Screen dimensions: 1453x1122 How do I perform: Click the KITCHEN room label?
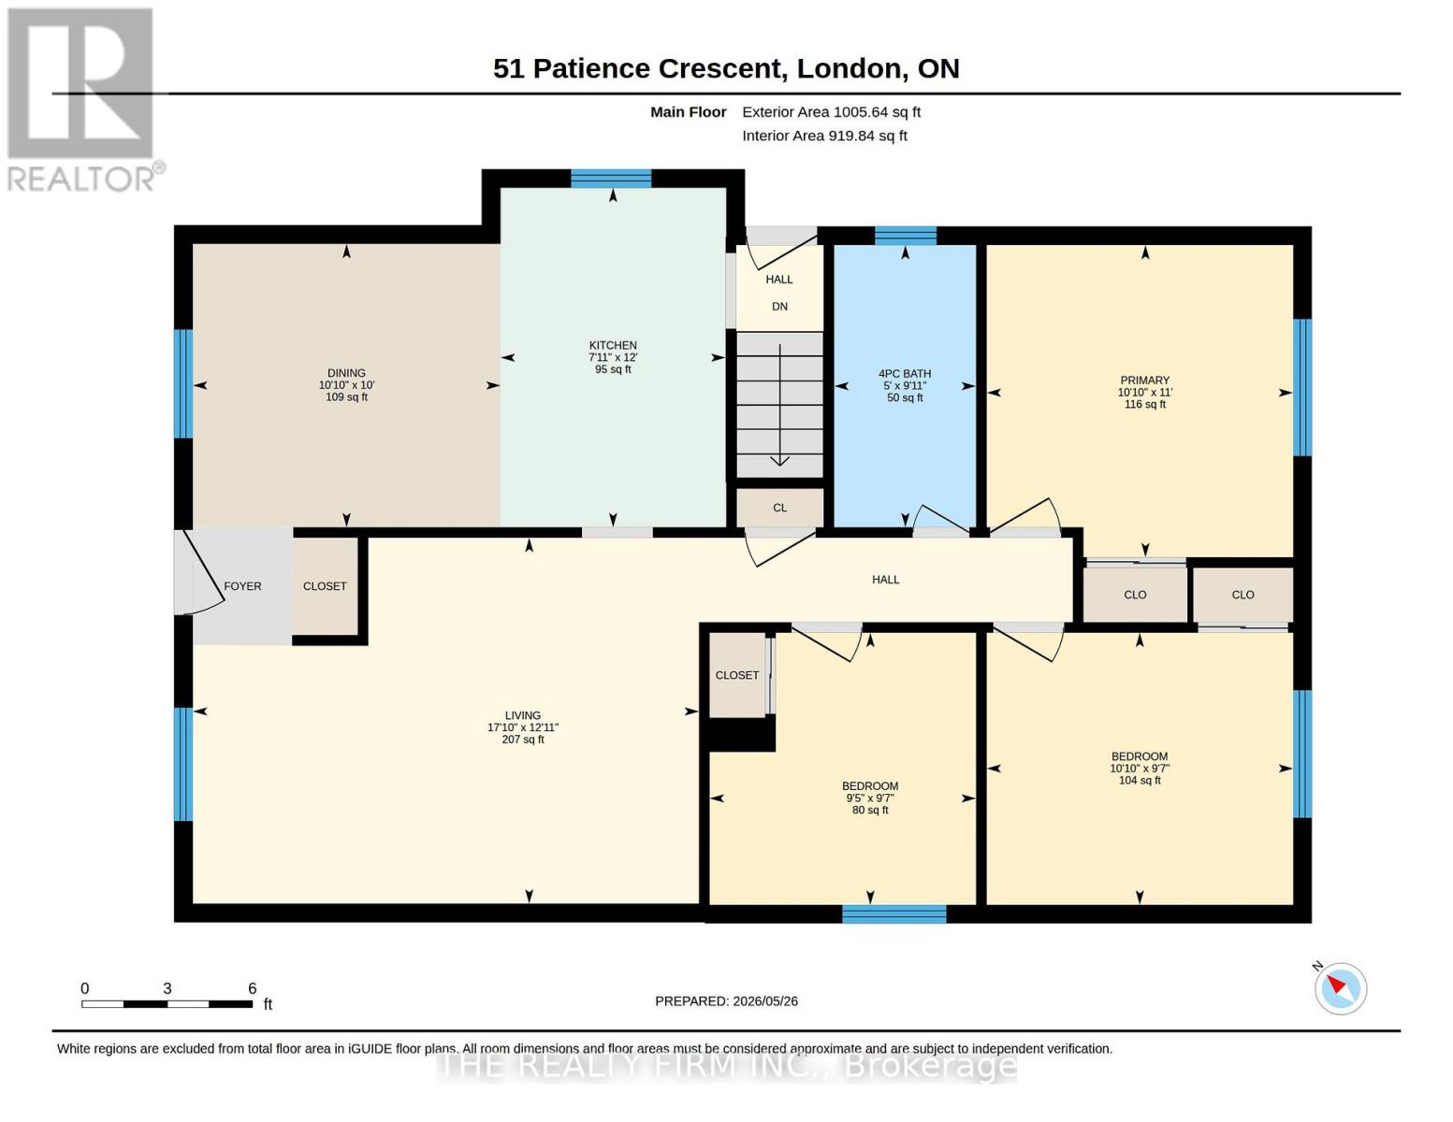613,345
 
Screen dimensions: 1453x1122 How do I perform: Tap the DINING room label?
346,373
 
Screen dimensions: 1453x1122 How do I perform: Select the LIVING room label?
523,715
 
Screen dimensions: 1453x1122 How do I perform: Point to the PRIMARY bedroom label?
1145,381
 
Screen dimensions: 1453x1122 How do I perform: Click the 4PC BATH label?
905,374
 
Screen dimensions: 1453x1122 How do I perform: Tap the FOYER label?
242,586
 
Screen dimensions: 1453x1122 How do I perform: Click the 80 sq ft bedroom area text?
870,810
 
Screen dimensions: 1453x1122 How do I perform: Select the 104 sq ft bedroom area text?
1140,780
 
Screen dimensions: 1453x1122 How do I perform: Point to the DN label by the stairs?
779,307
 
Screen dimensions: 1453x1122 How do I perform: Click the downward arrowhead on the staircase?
779,460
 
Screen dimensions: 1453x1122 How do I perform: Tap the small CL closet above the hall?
779,508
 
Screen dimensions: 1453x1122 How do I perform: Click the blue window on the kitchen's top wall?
611,179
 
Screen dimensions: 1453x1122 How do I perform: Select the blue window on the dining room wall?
183,383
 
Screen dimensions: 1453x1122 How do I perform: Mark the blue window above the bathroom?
906,236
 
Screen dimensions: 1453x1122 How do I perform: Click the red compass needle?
1335,984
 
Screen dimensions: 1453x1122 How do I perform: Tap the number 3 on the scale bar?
167,988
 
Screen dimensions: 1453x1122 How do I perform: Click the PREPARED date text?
726,1001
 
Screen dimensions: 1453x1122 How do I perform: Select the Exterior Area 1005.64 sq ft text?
831,112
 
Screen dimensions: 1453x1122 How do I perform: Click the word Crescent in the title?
720,68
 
